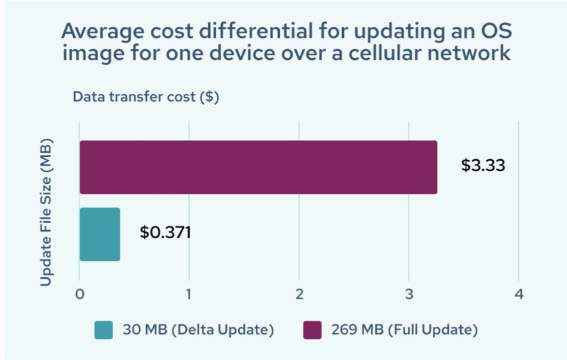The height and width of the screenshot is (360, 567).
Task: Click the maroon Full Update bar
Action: pyautogui.click(x=258, y=167)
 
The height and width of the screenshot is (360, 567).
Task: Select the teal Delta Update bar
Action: pyautogui.click(x=100, y=234)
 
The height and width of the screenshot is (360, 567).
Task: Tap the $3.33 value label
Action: pyautogui.click(x=483, y=165)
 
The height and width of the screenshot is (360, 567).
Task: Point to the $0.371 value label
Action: pyautogui.click(x=166, y=233)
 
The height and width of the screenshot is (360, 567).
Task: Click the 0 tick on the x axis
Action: pyautogui.click(x=80, y=294)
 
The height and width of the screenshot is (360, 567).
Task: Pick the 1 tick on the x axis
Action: pyautogui.click(x=188, y=294)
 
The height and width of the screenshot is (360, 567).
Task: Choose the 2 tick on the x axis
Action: pyautogui.click(x=299, y=294)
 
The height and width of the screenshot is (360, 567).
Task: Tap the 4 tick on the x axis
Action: pyautogui.click(x=518, y=294)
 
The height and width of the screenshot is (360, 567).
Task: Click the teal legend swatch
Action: pyautogui.click(x=104, y=330)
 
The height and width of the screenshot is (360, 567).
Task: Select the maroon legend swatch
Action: pyautogui.click(x=312, y=330)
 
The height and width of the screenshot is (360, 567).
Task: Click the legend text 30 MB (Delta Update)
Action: pyautogui.click(x=197, y=330)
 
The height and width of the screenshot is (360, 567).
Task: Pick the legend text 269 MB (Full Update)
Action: pyautogui.click(x=404, y=330)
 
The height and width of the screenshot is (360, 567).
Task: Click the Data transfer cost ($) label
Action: pyautogui.click(x=146, y=97)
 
